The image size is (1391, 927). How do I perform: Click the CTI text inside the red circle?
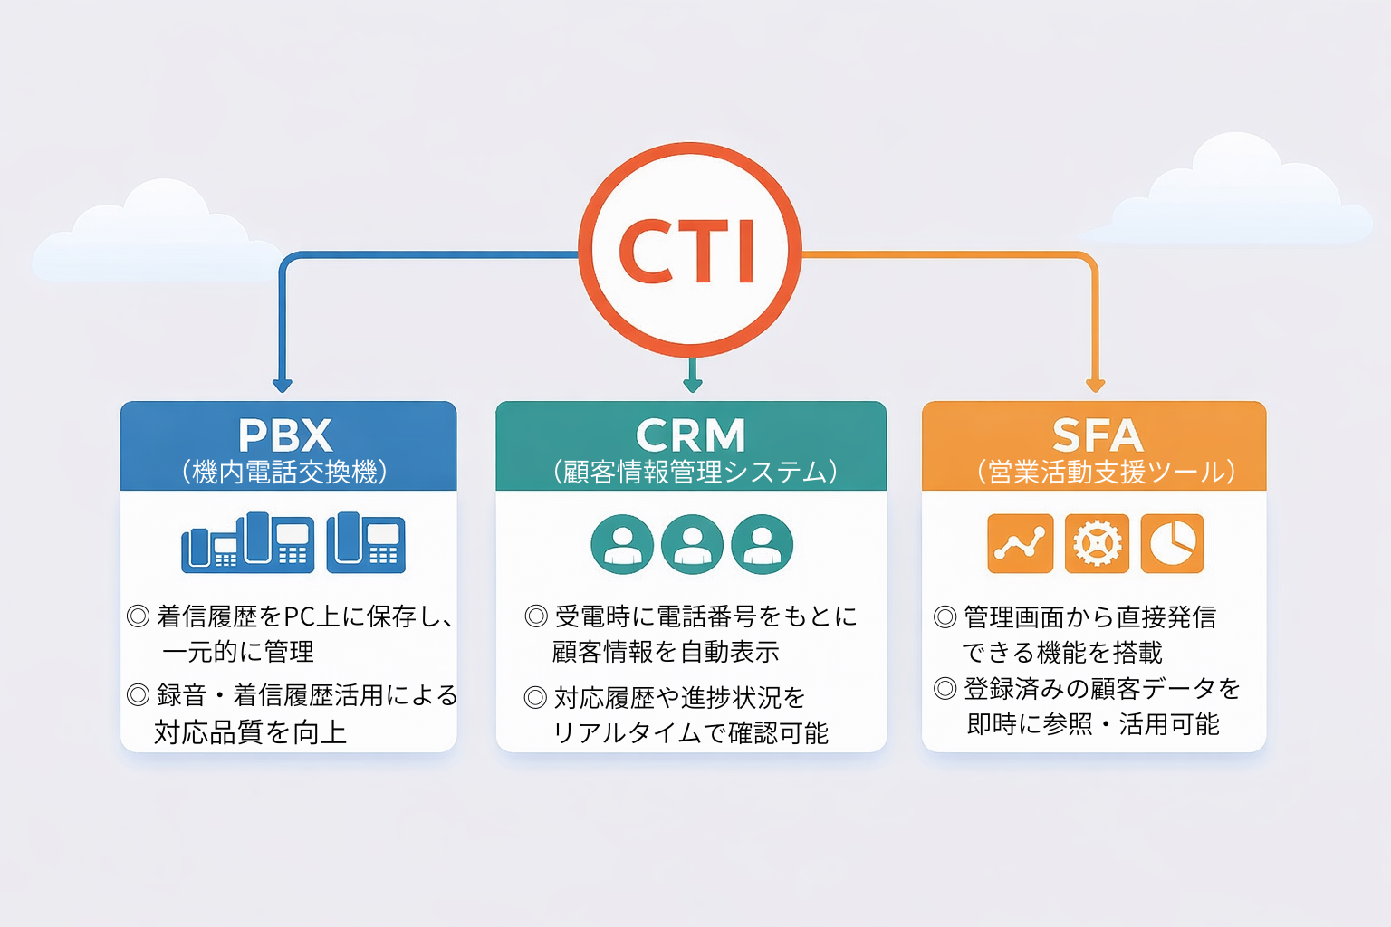click(x=687, y=251)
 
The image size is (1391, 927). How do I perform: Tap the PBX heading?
click(x=285, y=435)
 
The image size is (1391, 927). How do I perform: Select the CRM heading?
click(x=690, y=435)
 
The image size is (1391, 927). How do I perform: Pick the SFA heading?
click(x=1097, y=435)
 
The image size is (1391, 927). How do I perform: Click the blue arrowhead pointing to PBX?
click(x=283, y=385)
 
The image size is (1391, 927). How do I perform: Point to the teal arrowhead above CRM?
click(x=693, y=385)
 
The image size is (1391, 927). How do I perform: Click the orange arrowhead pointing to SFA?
click(x=1096, y=385)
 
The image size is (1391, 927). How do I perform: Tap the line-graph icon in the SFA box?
click(x=1020, y=544)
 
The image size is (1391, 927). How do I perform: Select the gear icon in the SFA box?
click(x=1097, y=544)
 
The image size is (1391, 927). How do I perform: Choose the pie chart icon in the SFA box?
click(x=1172, y=544)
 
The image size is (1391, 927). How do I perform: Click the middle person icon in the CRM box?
click(x=692, y=545)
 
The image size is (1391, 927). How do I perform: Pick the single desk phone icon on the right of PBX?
click(x=366, y=542)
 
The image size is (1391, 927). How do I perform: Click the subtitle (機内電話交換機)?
click(x=285, y=472)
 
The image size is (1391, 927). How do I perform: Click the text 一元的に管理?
click(x=238, y=652)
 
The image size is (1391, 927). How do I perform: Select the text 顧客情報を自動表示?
click(x=666, y=652)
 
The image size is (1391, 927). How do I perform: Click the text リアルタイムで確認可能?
click(x=690, y=733)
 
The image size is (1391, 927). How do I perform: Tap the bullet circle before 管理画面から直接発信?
click(x=945, y=617)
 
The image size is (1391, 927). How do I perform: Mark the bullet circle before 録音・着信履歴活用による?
click(x=138, y=695)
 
